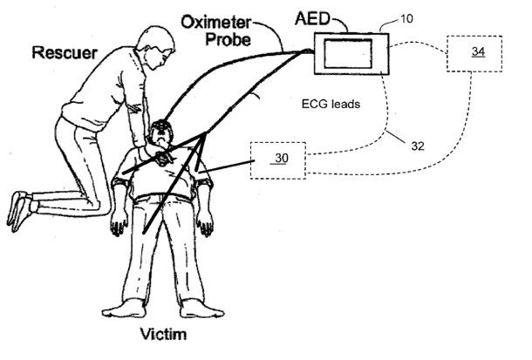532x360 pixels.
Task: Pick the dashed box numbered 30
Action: pyautogui.click(x=278, y=159)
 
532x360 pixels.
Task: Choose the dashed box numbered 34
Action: pyautogui.click(x=477, y=53)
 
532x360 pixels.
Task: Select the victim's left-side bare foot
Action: pyautogui.click(x=116, y=311)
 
